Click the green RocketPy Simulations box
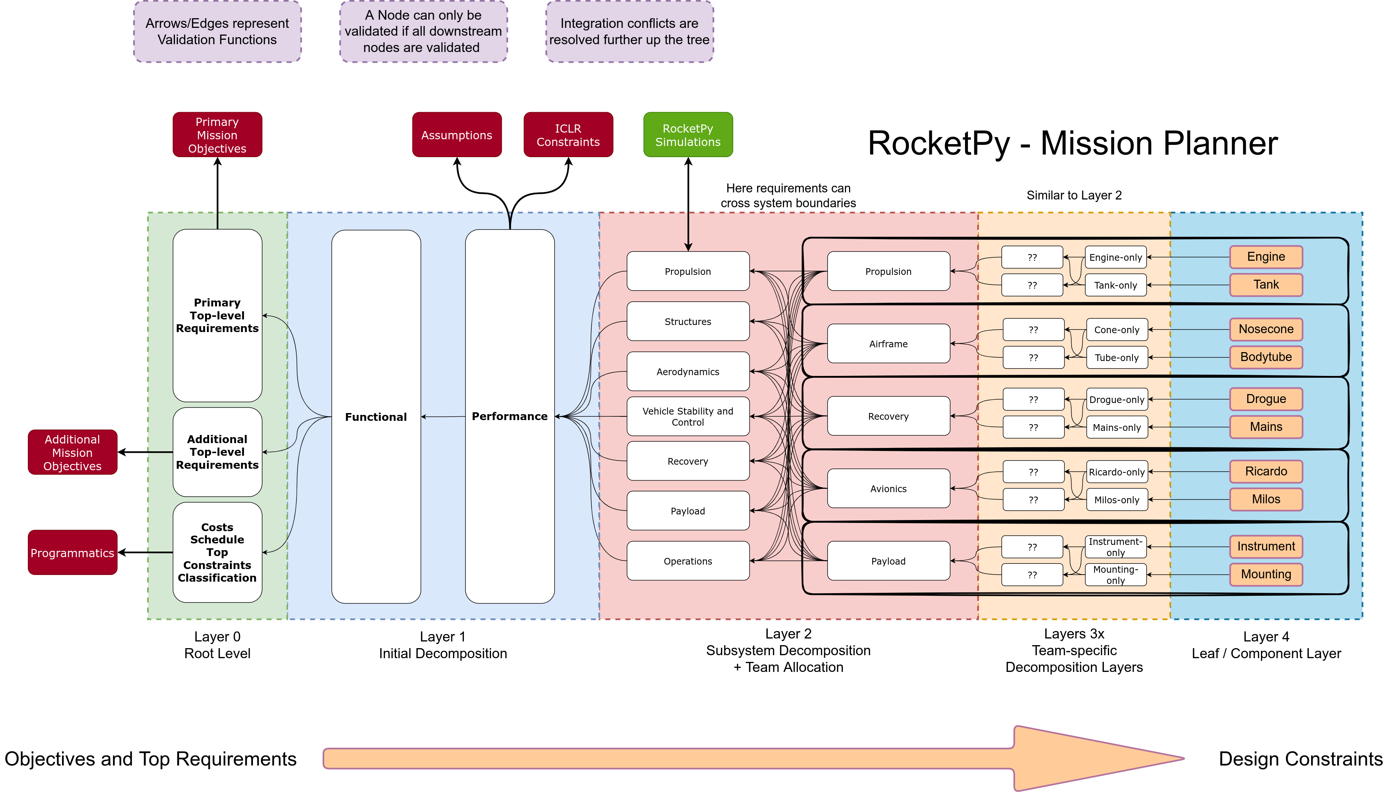[688, 135]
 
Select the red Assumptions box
[456, 135]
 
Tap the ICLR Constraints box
[568, 135]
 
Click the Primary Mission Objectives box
[217, 135]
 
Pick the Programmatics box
[72, 553]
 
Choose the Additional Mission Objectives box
[72, 453]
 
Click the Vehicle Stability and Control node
[688, 417]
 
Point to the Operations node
[688, 561]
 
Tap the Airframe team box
[888, 344]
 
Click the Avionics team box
[888, 488]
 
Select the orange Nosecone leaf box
[1266, 329]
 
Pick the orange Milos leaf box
[1266, 499]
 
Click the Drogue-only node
[1116, 400]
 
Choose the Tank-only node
[1115, 285]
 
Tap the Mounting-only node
[1115, 575]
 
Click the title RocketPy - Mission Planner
[1072, 143]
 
